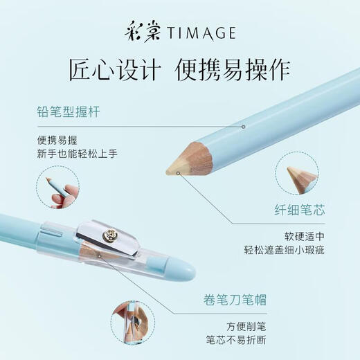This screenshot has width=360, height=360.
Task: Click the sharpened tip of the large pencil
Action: (171, 168)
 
